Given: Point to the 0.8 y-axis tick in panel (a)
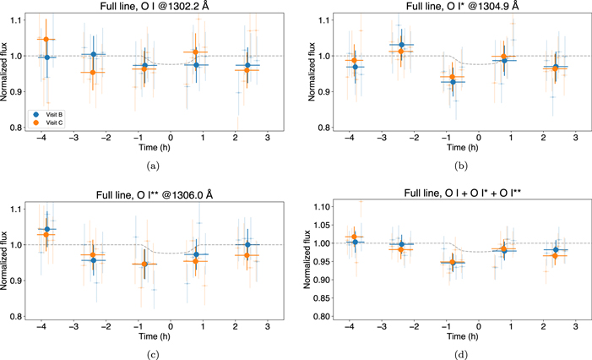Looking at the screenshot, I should coord(14,128).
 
